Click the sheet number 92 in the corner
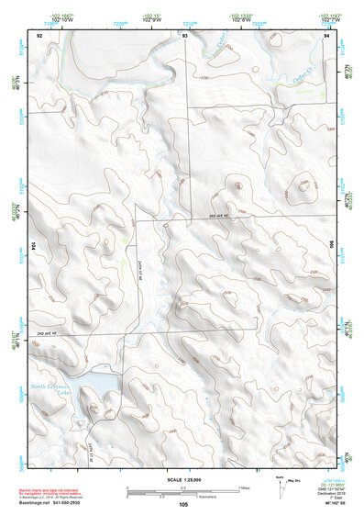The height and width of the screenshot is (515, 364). click(39, 34)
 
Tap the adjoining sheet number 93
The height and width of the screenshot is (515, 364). click(185, 34)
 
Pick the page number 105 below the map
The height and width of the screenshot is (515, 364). click(183, 505)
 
